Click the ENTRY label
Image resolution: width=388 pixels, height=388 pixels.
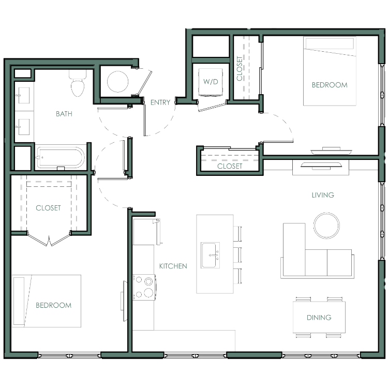(160, 102)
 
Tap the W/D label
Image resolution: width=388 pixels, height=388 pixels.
(211, 81)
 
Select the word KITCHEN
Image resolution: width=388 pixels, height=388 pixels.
(173, 266)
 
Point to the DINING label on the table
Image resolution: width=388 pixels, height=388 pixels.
(319, 318)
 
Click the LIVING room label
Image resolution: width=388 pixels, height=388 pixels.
(323, 195)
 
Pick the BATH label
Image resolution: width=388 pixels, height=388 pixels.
(64, 114)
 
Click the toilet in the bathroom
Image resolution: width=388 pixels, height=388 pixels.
(78, 83)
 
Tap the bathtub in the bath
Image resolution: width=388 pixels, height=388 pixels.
(61, 158)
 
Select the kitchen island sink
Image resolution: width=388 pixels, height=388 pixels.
(211, 256)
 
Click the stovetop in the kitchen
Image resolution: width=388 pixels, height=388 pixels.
(144, 287)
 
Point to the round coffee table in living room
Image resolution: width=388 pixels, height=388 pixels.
(326, 226)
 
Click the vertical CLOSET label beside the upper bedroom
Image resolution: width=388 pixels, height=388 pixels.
(240, 68)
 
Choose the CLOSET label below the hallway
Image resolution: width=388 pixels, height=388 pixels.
(230, 166)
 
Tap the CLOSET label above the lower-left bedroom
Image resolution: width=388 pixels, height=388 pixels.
(48, 208)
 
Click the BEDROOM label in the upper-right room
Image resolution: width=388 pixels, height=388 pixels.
(330, 85)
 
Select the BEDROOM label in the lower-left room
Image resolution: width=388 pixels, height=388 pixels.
(53, 305)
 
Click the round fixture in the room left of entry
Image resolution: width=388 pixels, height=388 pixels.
(118, 81)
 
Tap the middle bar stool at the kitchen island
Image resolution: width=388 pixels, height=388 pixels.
(237, 255)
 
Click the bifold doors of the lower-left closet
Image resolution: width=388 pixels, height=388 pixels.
(49, 239)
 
